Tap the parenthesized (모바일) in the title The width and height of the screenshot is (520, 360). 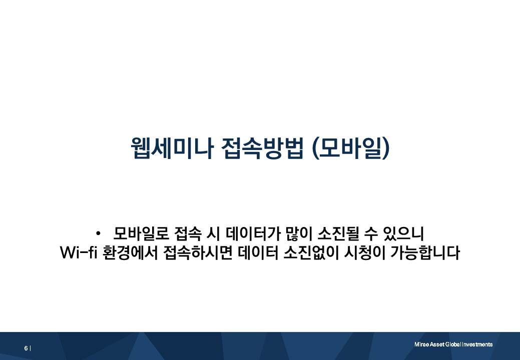(x=350, y=148)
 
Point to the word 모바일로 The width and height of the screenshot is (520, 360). (x=142, y=233)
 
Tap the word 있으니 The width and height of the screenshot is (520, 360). (x=405, y=233)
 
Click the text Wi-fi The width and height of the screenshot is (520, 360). (x=78, y=253)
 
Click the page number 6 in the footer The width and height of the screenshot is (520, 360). (x=26, y=348)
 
